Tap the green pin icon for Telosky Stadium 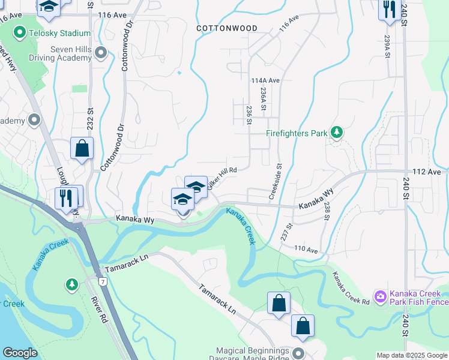pos(20,32)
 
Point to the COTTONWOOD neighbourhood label pos(227,28)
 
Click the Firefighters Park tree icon pos(337,131)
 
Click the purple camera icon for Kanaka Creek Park pos(379,296)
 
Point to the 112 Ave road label pos(427,172)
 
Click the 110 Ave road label pos(306,248)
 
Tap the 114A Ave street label pos(266,80)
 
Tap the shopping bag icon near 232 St pos(82,148)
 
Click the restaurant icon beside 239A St pos(390,10)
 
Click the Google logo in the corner pos(20,353)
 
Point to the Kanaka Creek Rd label pos(351,287)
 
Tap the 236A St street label pos(263,98)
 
